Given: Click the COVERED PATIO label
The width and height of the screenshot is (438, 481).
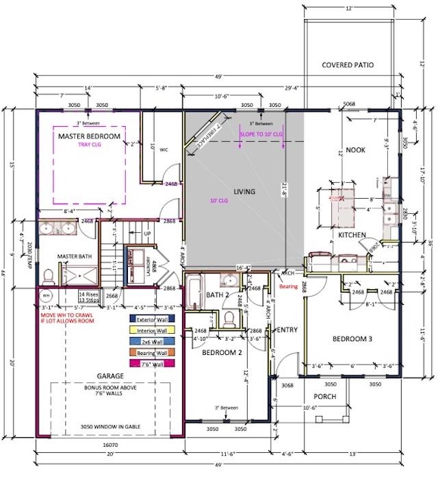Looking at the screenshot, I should pos(348,65).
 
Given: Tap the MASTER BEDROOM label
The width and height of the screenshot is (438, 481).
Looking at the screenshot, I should pos(89,136).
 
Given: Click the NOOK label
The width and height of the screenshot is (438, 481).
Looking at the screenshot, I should pos(355,149).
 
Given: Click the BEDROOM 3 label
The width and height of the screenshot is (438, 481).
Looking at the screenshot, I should pos(352,339).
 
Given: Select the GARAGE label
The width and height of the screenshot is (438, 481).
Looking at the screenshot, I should pos(109,376).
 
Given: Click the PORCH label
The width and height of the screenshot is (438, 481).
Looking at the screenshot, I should pos(326,396).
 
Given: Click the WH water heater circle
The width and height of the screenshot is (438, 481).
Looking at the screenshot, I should pos(47,295).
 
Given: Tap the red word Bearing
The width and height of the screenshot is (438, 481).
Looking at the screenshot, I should pos(289,287).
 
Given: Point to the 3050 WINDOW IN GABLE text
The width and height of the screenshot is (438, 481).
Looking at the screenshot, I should pos(109,425).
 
